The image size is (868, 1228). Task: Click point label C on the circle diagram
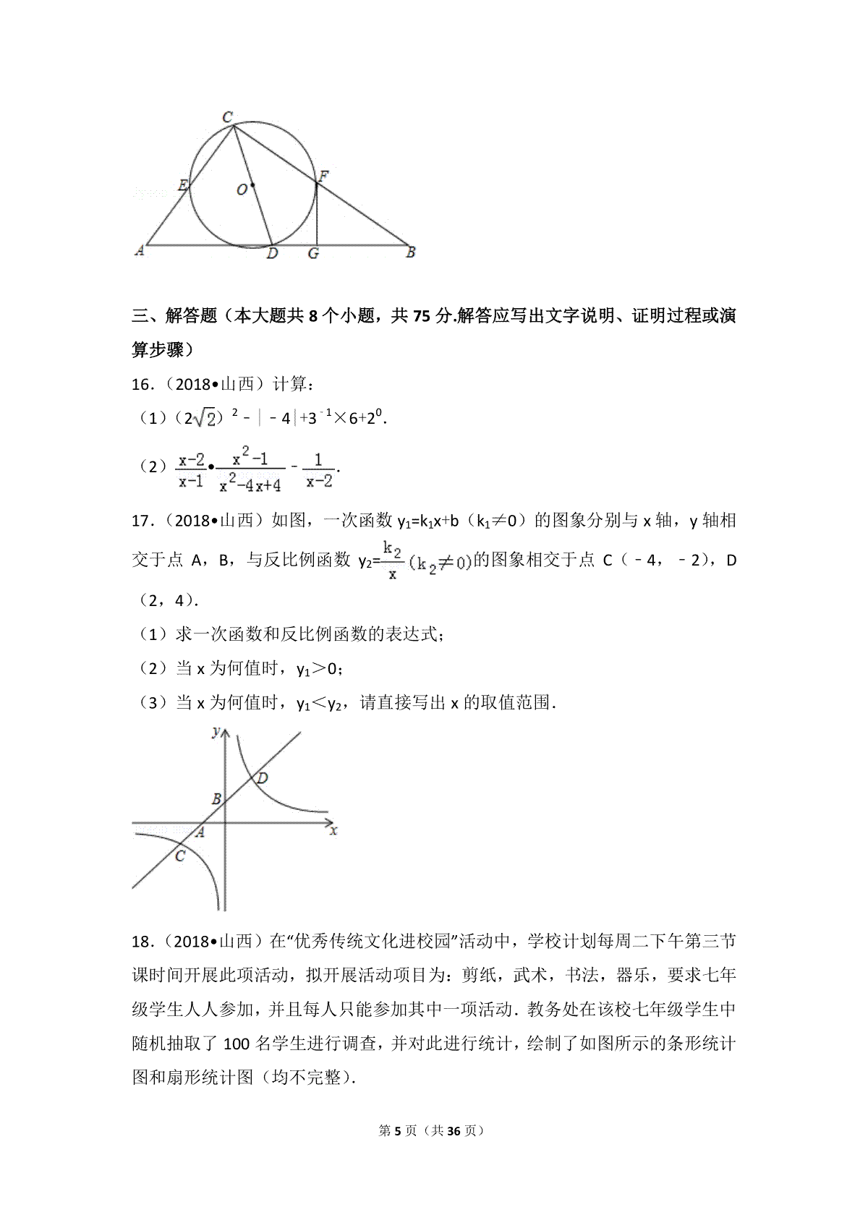227,116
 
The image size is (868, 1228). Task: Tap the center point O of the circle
252,186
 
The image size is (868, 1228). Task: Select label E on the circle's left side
183,186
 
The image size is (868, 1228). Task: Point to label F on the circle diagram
324,176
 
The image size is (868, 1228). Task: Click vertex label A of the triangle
140,251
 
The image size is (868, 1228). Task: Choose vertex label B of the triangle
410,252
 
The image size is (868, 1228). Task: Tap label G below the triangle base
313,254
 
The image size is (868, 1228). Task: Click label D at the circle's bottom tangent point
272,254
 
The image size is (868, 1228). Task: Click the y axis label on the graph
216,733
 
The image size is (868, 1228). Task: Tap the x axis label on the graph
333,832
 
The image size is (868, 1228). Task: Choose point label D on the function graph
263,778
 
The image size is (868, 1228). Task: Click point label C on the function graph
180,856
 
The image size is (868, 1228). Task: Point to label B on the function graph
216,799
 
